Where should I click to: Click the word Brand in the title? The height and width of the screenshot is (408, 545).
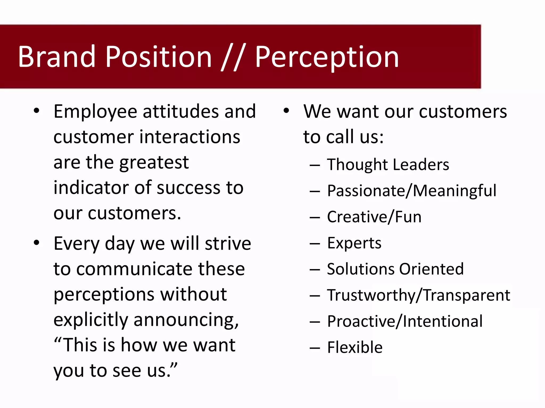[56, 57]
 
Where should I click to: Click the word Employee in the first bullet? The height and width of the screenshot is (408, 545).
[95, 112]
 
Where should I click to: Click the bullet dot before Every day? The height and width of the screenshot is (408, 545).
[37, 243]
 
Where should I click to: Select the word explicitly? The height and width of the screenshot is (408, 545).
[91, 320]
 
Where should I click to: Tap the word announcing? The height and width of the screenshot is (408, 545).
[186, 320]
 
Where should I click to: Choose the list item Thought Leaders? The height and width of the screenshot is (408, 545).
[388, 164]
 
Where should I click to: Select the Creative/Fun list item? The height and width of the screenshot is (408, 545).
[374, 217]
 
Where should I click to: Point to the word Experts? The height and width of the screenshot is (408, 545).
[354, 243]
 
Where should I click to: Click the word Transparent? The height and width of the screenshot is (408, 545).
[466, 295]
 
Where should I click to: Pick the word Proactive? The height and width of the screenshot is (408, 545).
[361, 321]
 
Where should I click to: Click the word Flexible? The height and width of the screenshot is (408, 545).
[354, 347]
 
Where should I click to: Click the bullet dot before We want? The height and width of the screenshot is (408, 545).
[286, 110]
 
